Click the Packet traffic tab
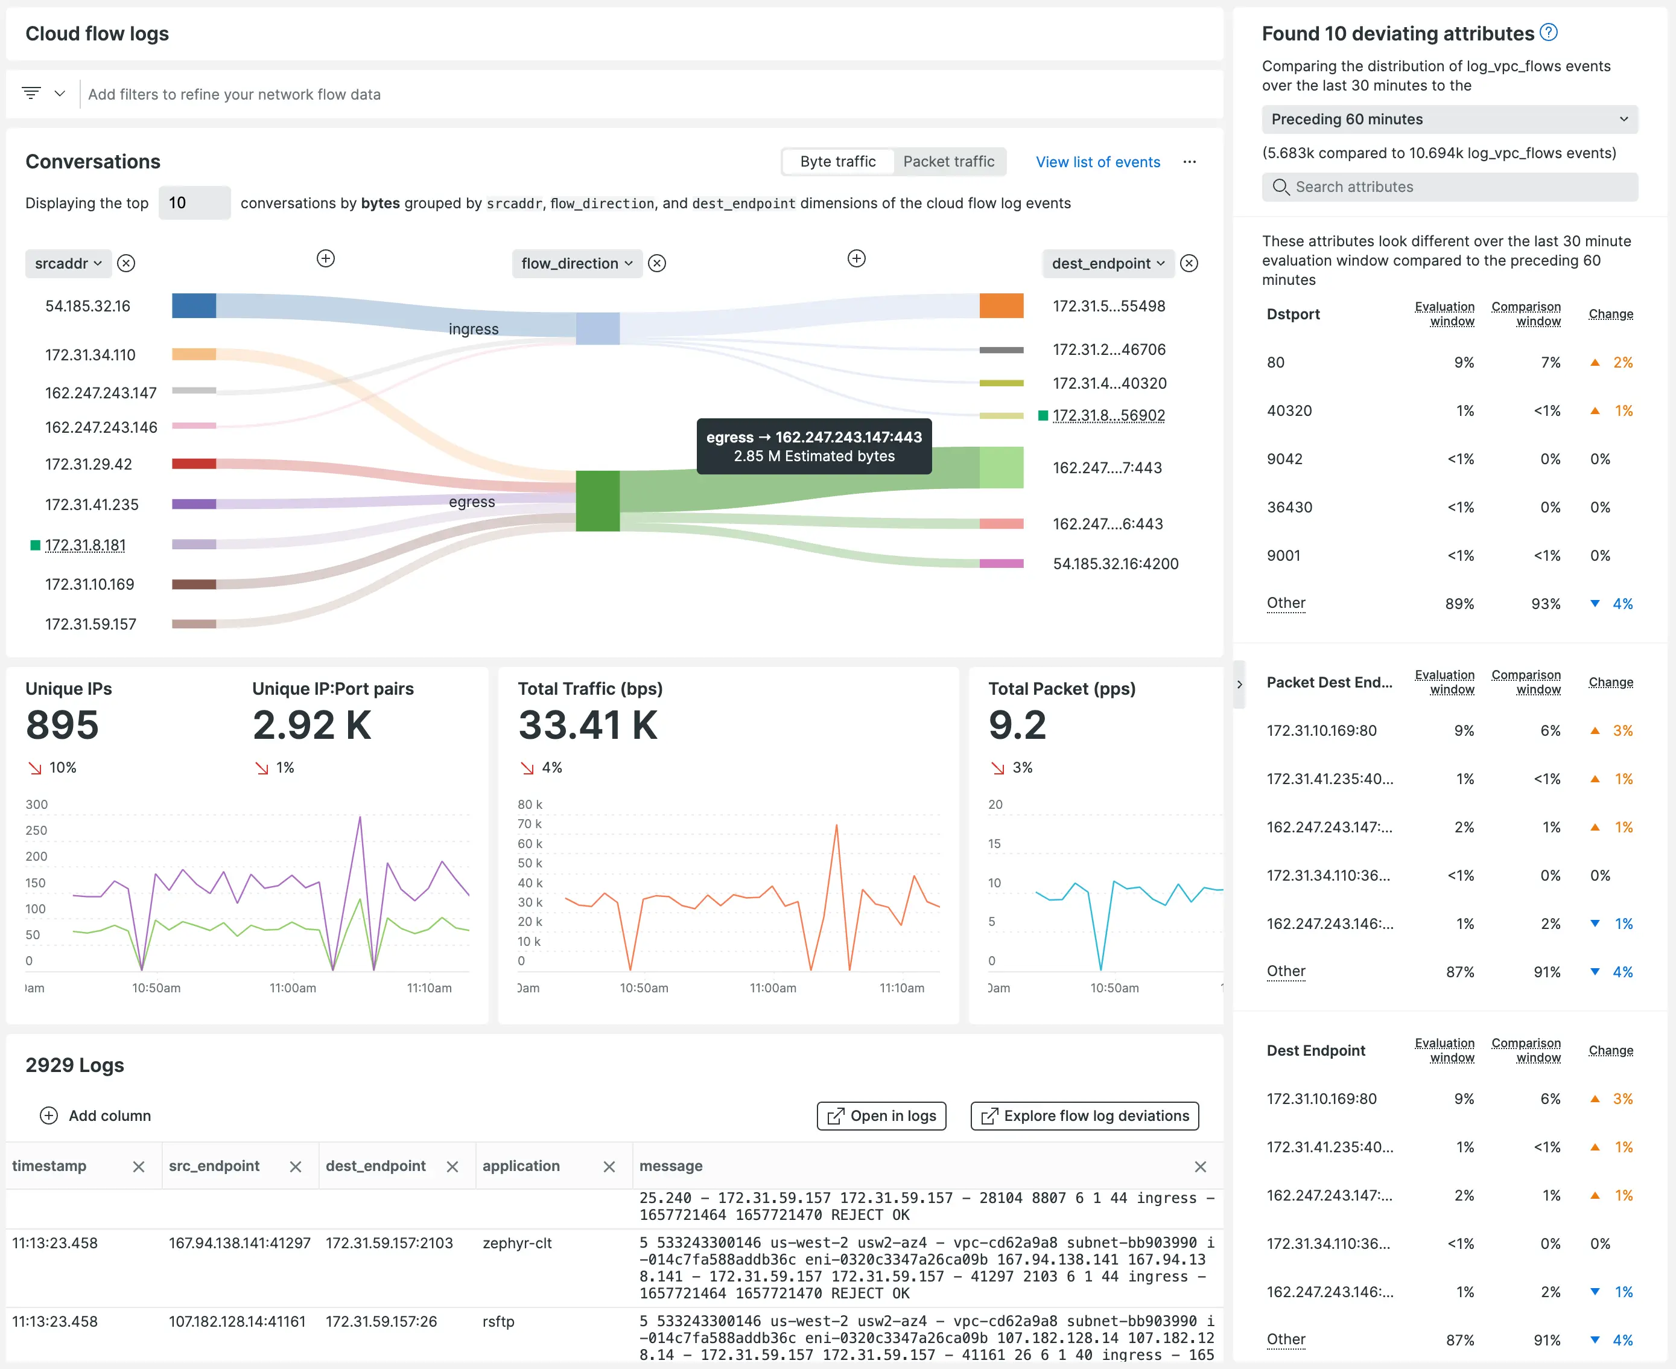(x=948, y=162)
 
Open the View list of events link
(x=1097, y=162)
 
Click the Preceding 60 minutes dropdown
(x=1449, y=119)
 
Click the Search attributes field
(x=1449, y=187)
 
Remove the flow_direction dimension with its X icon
(x=656, y=263)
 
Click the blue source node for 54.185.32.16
(x=194, y=306)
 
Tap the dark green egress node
(x=597, y=501)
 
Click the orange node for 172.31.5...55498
(x=1001, y=306)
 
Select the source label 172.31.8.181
(x=85, y=546)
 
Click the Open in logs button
(x=881, y=1116)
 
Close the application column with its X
(x=609, y=1166)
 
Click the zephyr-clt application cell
(x=517, y=1243)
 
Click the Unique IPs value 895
(x=62, y=725)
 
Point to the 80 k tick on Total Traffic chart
(x=530, y=805)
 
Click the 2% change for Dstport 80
(x=1622, y=363)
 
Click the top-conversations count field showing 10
(x=194, y=203)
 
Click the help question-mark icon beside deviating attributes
(x=1548, y=33)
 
